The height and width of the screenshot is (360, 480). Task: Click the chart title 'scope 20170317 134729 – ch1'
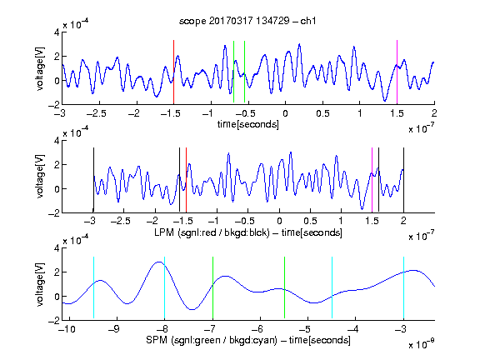[247, 21]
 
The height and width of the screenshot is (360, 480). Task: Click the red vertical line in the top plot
[173, 72]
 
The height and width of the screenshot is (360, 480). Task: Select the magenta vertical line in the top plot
[397, 72]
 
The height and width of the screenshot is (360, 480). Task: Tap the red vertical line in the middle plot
[186, 180]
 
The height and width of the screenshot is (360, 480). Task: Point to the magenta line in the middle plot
[372, 180]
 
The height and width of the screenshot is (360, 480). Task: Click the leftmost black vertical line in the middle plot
[93, 180]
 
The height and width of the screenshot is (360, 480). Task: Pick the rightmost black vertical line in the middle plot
[404, 180]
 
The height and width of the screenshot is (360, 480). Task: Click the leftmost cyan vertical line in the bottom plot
[93, 287]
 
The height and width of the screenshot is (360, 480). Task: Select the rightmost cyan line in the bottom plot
[404, 287]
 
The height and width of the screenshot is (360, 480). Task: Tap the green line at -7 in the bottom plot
[212, 287]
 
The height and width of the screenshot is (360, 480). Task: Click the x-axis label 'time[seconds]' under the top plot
[248, 124]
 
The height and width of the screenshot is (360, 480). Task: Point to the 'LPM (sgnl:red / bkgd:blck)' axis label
[212, 232]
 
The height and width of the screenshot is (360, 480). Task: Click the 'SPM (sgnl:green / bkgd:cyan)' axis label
[212, 340]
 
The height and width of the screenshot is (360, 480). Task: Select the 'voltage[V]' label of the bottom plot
[40, 284]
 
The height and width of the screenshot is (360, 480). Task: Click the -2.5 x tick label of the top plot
[97, 113]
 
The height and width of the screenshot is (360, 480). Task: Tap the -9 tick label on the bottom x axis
[114, 329]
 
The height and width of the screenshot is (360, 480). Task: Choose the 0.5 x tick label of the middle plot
[310, 221]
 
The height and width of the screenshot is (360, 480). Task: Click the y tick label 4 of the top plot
[57, 32]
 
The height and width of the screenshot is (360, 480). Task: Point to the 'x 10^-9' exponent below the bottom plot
[422, 344]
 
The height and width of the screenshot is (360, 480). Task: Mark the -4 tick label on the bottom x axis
[353, 329]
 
